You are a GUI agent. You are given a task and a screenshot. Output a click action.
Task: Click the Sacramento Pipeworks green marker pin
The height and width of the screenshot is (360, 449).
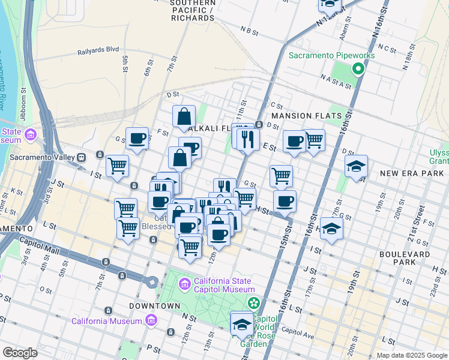click(x=358, y=69)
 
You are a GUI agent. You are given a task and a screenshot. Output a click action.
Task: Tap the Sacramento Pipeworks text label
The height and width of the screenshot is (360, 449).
click(x=331, y=55)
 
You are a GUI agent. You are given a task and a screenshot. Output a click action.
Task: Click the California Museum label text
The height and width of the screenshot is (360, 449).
click(x=106, y=321)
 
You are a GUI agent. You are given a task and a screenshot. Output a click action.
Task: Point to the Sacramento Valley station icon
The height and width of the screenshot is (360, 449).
click(x=80, y=157)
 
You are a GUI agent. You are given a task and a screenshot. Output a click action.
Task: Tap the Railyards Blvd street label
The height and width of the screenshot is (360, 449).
click(x=99, y=52)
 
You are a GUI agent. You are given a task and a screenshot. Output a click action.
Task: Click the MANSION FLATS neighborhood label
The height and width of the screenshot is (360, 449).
click(x=306, y=116)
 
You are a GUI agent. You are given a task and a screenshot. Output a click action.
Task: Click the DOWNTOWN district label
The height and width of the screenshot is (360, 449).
click(x=155, y=306)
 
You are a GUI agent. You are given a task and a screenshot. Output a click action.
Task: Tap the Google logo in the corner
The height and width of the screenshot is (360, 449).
click(x=20, y=353)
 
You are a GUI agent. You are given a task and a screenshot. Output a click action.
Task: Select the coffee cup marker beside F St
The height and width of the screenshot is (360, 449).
click(x=137, y=139)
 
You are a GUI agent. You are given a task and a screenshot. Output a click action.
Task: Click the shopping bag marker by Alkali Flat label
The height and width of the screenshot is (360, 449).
click(x=184, y=116)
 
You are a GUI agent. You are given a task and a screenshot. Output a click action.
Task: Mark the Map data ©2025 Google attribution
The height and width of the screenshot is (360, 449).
click(x=412, y=355)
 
